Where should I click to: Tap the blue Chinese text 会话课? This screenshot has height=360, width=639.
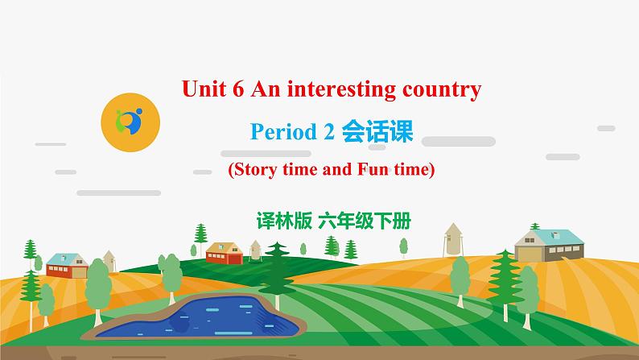(377, 131)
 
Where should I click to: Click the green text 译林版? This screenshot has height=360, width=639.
(282, 217)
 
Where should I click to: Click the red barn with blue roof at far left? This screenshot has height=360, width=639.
(66, 265)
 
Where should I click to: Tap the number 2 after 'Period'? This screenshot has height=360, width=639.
(328, 132)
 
